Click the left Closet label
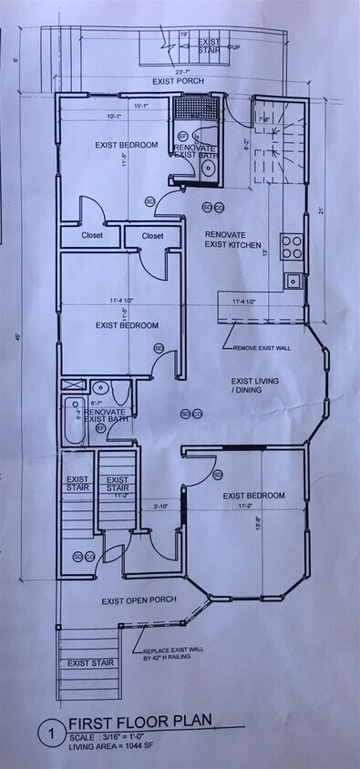coord(91,235)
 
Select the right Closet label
coord(151,235)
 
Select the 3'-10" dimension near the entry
coord(162,507)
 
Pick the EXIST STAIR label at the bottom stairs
coord(90,662)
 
